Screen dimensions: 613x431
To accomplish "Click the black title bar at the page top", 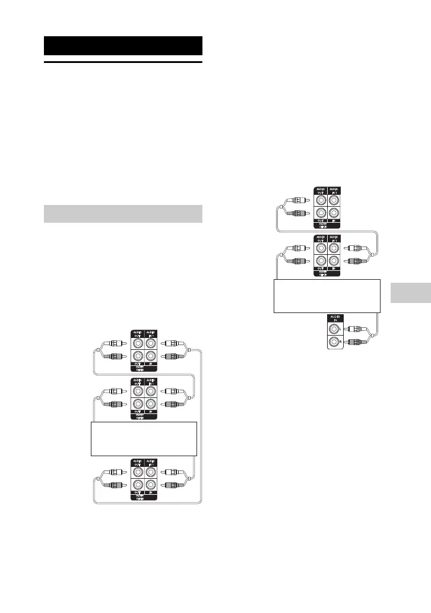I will pyautogui.click(x=123, y=46).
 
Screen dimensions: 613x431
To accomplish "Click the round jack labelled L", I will pyautogui.click(x=335, y=327).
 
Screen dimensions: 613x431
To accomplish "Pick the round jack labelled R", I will pyautogui.click(x=335, y=342).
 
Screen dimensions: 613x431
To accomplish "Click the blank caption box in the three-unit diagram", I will pyautogui.click(x=144, y=438).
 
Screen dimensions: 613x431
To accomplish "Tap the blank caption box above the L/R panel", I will pyautogui.click(x=326, y=295).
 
